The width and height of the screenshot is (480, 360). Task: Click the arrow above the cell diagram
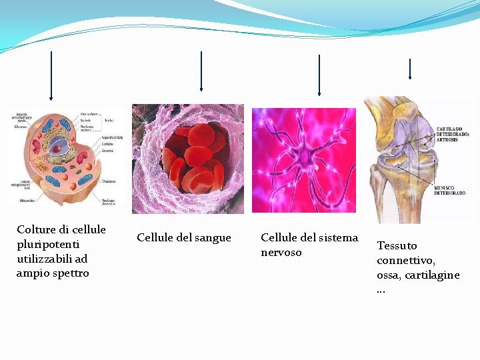51,77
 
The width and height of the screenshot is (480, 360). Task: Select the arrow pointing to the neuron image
319,75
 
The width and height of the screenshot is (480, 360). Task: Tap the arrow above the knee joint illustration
409,69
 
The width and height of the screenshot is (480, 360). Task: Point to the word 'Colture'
35,229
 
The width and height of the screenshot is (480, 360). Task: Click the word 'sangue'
213,238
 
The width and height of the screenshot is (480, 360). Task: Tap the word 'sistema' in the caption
337,238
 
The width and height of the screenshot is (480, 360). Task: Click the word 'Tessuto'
397,246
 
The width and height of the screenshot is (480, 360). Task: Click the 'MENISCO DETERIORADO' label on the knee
449,191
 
